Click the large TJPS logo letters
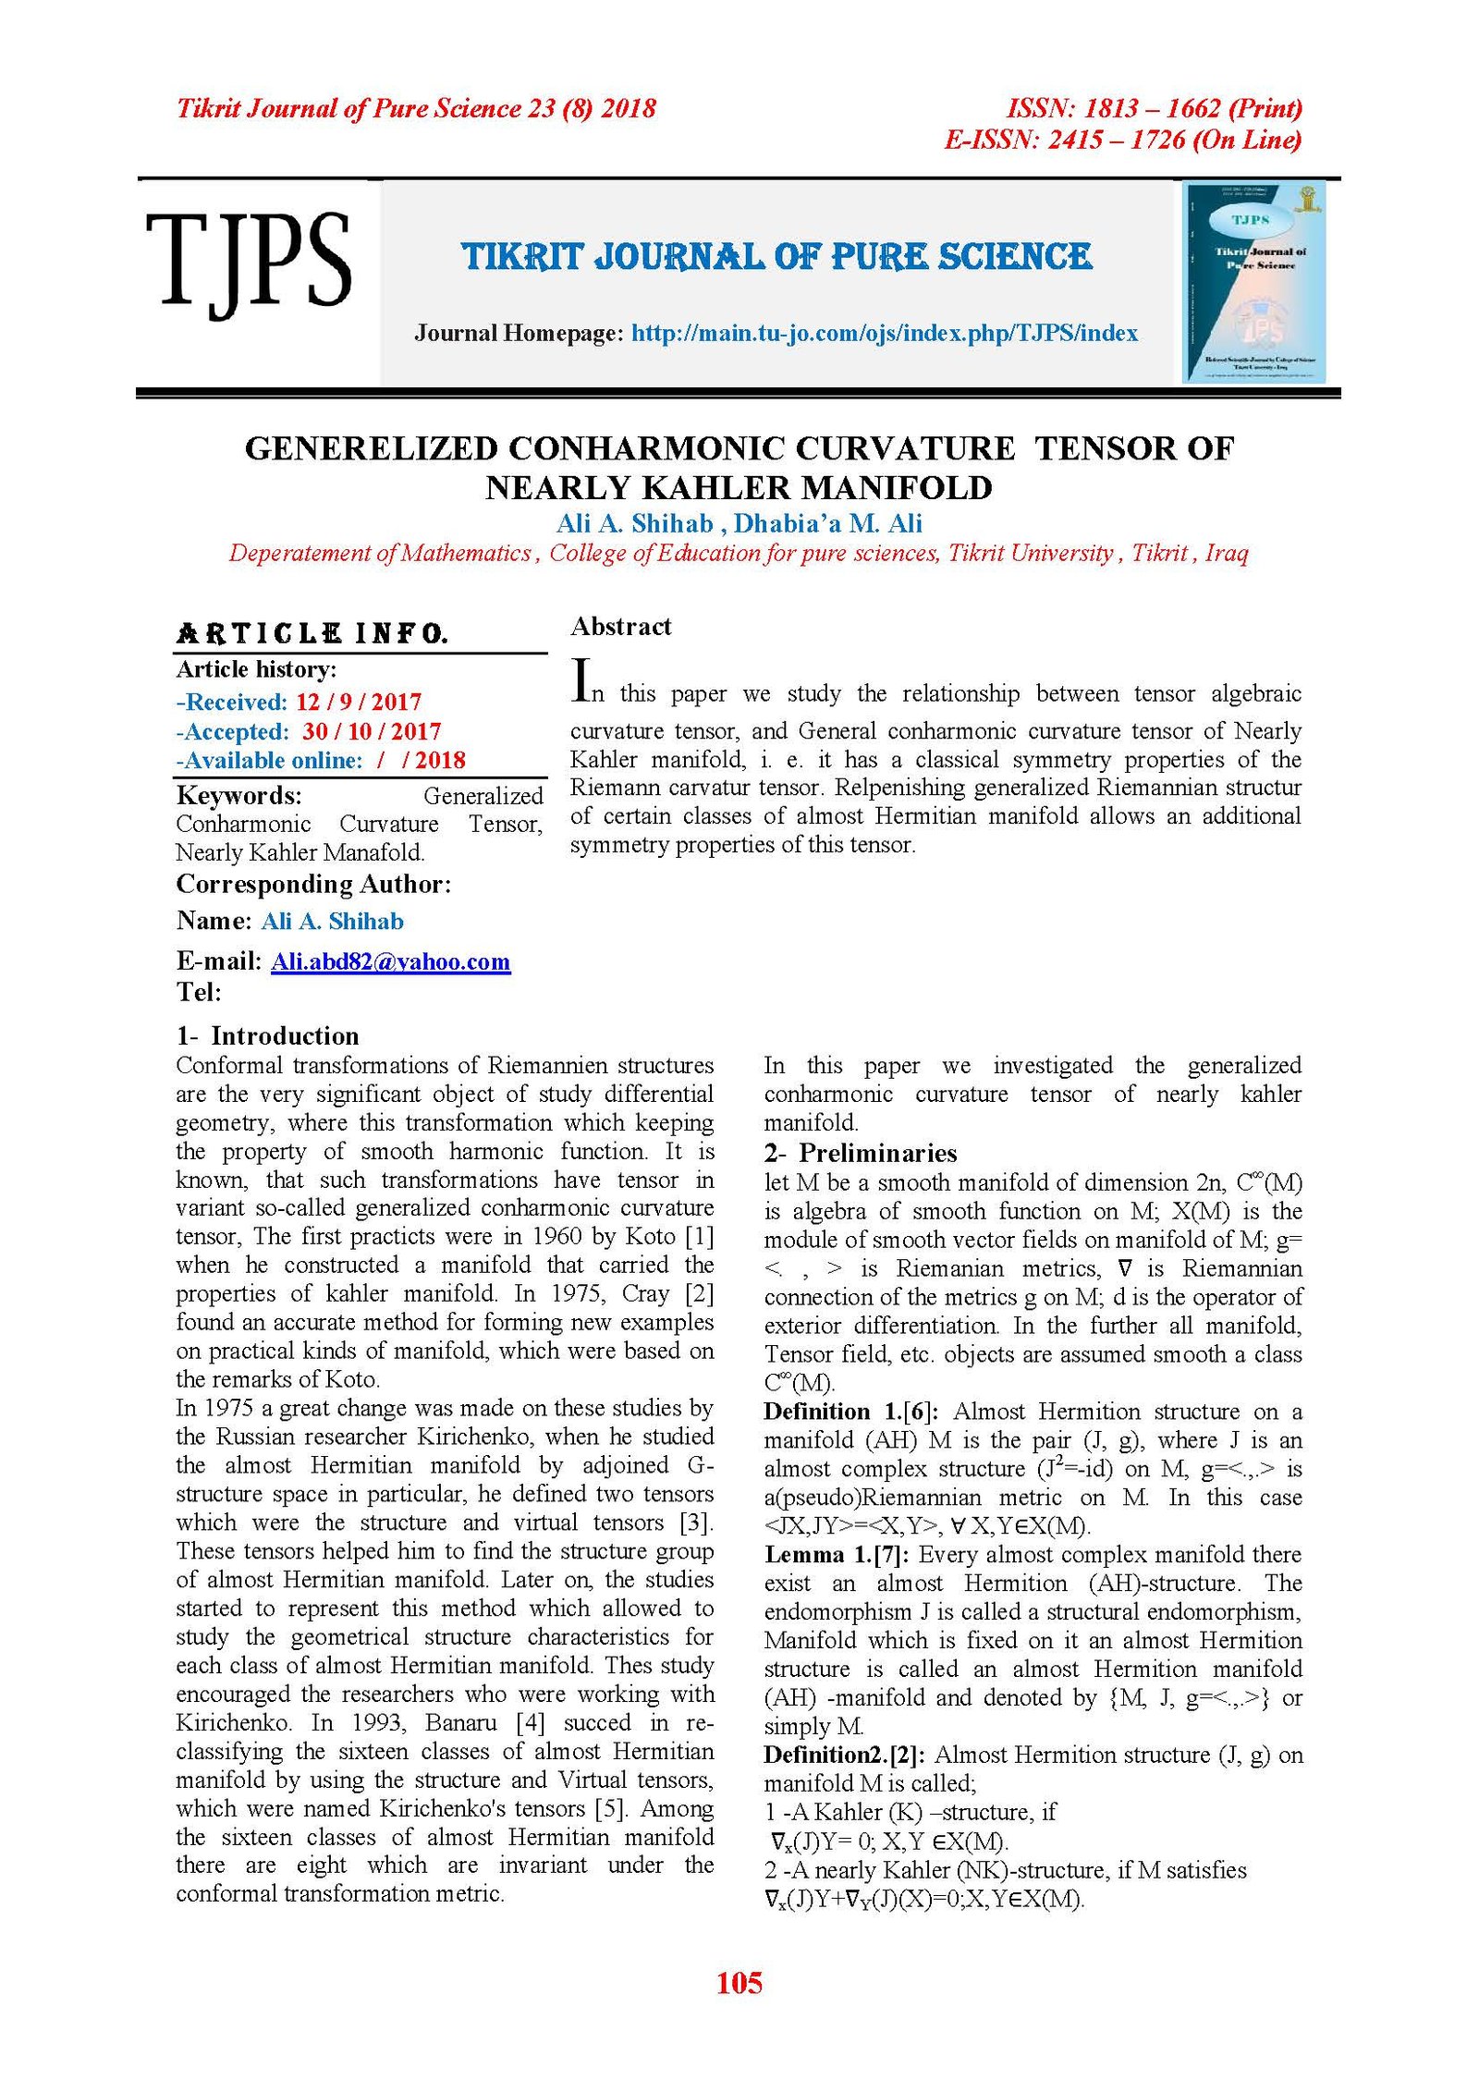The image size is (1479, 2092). (x=248, y=262)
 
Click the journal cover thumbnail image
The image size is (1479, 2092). (x=1254, y=283)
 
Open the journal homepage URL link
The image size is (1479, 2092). (x=884, y=333)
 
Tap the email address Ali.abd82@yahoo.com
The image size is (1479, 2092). (x=390, y=961)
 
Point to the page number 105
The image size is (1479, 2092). (x=739, y=1982)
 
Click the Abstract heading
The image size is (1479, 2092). (x=620, y=627)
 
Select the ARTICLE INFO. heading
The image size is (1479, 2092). (x=312, y=633)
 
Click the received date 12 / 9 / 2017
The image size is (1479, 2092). (x=359, y=702)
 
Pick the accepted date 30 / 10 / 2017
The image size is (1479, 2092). (x=372, y=731)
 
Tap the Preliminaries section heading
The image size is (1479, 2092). (x=877, y=1153)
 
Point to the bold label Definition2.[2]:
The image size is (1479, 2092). (x=845, y=1755)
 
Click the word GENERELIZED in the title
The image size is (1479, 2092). (x=372, y=448)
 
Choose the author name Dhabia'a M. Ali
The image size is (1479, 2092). (x=828, y=524)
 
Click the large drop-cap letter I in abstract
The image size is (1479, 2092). (x=581, y=679)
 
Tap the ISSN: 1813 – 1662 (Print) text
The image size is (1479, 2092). (x=1154, y=109)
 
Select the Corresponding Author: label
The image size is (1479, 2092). (x=313, y=885)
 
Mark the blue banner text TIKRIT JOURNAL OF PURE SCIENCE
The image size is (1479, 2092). (x=776, y=257)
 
